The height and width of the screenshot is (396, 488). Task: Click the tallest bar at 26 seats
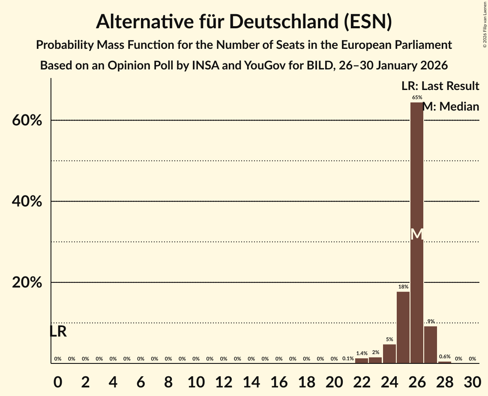pyautogui.click(x=416, y=193)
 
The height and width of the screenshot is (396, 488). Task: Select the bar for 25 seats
pyautogui.click(x=403, y=327)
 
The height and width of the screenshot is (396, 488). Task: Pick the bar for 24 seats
pyautogui.click(x=389, y=354)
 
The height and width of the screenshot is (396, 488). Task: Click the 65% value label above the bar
pyautogui.click(x=417, y=98)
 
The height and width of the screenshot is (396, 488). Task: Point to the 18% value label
pyautogui.click(x=403, y=287)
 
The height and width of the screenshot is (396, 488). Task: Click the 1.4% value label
pyautogui.click(x=362, y=354)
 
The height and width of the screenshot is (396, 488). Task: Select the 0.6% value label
pyautogui.click(x=445, y=357)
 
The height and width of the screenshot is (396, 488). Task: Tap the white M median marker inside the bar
pyautogui.click(x=416, y=234)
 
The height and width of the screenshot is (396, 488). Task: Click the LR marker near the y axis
pyautogui.click(x=58, y=331)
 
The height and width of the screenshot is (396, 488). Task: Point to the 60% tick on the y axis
pyautogui.click(x=27, y=120)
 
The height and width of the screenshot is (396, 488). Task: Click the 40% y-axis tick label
pyautogui.click(x=27, y=201)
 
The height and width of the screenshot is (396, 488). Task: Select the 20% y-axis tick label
pyautogui.click(x=27, y=283)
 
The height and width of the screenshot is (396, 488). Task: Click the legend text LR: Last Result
pyautogui.click(x=440, y=86)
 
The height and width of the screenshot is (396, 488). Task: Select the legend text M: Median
pyautogui.click(x=451, y=107)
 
